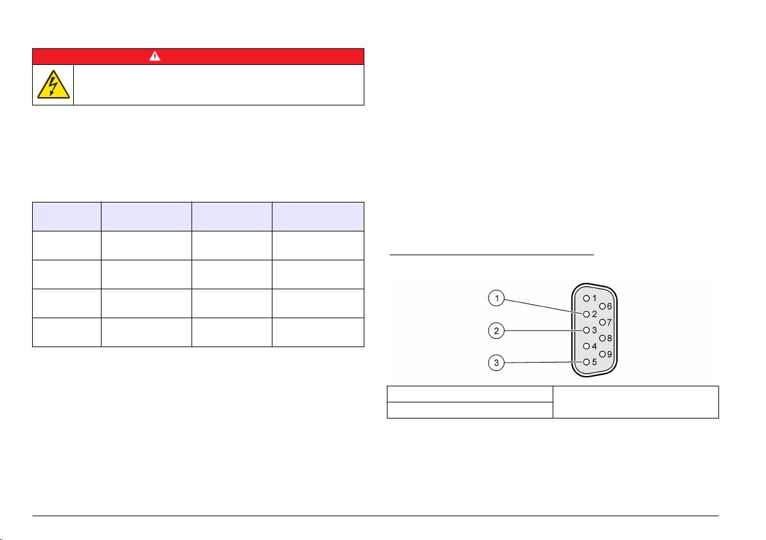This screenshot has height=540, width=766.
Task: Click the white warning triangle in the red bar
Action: (x=155, y=56)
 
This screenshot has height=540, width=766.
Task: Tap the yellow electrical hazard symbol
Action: (x=53, y=85)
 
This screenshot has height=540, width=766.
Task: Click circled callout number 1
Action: (x=496, y=298)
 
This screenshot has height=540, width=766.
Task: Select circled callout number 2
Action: (x=496, y=331)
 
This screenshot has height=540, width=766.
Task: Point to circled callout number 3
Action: (x=496, y=363)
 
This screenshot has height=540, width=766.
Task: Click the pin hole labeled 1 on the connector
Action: (x=586, y=298)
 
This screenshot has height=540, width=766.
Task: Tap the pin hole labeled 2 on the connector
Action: (x=586, y=314)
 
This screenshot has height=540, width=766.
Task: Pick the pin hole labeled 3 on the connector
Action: (x=586, y=330)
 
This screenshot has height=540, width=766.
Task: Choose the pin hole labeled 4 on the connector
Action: (x=586, y=346)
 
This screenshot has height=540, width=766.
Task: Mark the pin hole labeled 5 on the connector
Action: (x=586, y=362)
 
